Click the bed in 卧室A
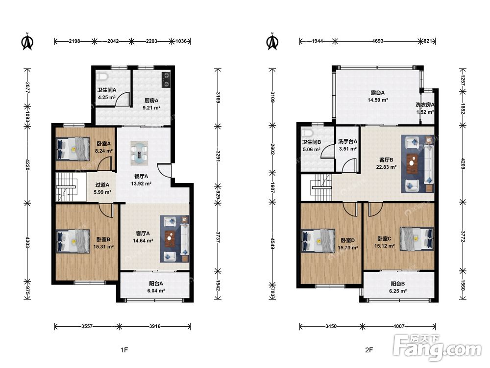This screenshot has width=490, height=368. coord(73,149)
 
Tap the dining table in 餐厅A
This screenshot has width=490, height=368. coord(139,154)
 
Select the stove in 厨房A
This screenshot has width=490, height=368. coord(166,79)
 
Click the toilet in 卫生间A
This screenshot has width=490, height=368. coord(102,76)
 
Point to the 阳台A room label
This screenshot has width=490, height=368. coord(156,284)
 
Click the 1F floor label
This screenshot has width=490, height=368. coord(124,350)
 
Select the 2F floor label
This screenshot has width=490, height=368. coord(369,350)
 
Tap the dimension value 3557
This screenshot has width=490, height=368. coord(87,326)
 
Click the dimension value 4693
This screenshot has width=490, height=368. coord(377,41)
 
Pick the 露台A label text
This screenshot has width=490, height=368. coord(377,93)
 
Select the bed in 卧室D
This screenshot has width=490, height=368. coord(318,240)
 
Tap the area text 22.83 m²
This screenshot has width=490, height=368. coord(386,167)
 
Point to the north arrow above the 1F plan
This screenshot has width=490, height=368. coord(27,41)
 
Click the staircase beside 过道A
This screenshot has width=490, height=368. coord(66,187)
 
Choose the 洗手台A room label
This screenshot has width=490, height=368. coord(348,142)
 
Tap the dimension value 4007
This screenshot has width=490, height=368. coord(399,326)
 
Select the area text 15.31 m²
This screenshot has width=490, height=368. coord(103,247)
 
